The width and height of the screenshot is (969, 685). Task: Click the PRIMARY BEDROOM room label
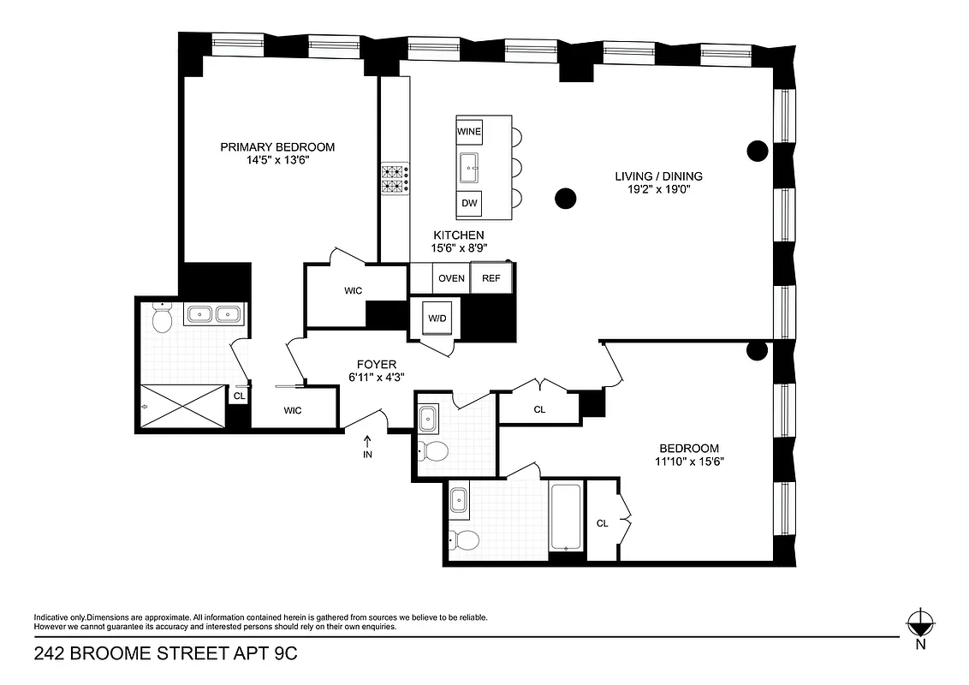click(277, 147)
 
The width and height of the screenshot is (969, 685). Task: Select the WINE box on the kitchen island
click(469, 132)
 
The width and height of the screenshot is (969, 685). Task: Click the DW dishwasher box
click(469, 204)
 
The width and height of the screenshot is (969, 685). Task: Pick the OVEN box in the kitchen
click(451, 278)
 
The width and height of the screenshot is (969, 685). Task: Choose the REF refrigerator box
click(491, 278)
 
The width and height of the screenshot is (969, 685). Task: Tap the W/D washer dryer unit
click(437, 319)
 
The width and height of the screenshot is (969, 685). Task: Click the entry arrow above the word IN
click(368, 441)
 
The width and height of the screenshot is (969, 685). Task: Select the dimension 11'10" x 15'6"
click(688, 462)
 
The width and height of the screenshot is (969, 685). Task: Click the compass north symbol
click(920, 622)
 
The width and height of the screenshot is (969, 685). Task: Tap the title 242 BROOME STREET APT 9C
click(166, 655)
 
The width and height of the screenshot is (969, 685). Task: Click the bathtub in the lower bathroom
click(567, 517)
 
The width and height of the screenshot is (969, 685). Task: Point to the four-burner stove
click(394, 177)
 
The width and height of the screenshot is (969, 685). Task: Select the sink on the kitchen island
click(469, 168)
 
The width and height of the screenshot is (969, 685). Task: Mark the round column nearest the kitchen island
click(565, 200)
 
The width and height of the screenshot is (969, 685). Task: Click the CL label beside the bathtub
click(602, 523)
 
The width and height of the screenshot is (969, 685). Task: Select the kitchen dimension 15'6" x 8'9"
click(458, 249)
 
